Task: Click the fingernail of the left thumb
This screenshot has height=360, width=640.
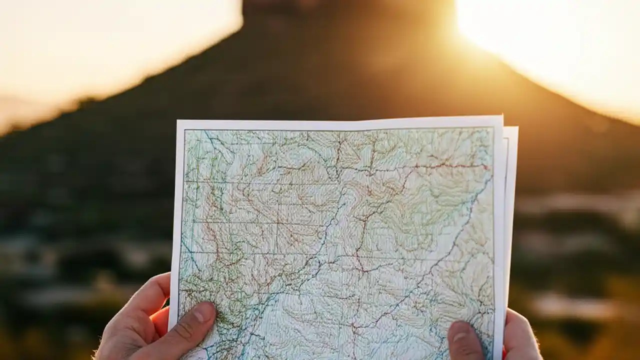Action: (x=204, y=313)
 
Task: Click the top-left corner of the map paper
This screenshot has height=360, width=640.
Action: (x=178, y=121)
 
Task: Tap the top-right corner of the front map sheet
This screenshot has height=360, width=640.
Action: (x=501, y=117)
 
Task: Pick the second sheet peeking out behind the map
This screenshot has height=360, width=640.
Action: (x=511, y=200)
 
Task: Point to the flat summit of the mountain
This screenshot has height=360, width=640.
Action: (x=345, y=4)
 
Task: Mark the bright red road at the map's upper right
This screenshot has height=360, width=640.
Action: (x=450, y=165)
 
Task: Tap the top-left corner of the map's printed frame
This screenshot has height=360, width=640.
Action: (x=185, y=130)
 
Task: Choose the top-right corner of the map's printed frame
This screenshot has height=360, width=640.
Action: (x=493, y=127)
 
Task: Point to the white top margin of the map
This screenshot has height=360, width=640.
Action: (x=340, y=124)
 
